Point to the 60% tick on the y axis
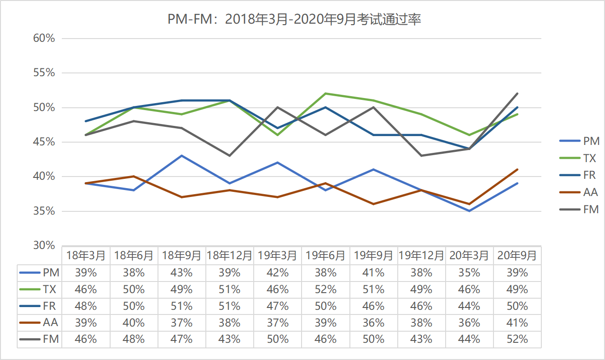click(44, 39)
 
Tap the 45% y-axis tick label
click(44, 142)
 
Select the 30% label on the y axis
click(44, 245)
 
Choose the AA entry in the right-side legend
click(591, 192)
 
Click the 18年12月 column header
click(230, 255)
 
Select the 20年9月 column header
click(517, 255)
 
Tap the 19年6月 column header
click(325, 255)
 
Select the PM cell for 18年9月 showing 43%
click(181, 273)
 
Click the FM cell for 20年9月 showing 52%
click(517, 339)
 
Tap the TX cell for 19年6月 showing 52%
click(325, 289)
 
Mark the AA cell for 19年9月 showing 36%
click(373, 323)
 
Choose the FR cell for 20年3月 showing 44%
click(469, 306)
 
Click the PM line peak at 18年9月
click(182, 156)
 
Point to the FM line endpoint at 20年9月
click(517, 93)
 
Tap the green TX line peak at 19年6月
click(325, 93)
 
